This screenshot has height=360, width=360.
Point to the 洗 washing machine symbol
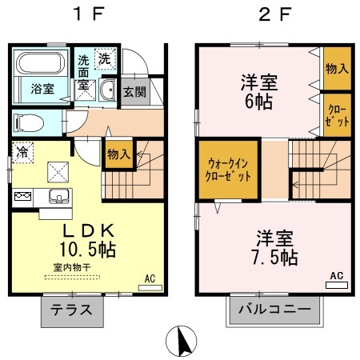click(x=105, y=58)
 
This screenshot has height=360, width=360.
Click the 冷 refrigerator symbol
click(x=23, y=150)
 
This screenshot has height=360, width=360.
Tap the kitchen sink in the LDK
click(x=57, y=197)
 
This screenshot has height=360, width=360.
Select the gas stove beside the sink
click(x=22, y=196)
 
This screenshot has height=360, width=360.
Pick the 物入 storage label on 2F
click(x=336, y=69)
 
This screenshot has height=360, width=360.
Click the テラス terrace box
click(x=71, y=310)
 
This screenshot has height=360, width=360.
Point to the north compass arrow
click(x=180, y=342)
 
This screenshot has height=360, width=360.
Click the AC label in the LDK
click(x=149, y=278)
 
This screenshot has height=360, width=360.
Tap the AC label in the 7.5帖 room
click(x=336, y=276)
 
